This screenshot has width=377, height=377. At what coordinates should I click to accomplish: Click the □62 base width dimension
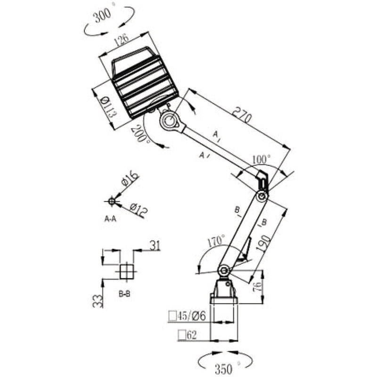[x=187, y=335]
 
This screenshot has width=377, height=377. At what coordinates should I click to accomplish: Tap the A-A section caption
[x=111, y=219]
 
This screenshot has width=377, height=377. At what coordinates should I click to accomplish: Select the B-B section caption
[x=124, y=293]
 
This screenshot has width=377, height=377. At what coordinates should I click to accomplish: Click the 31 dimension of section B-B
[x=156, y=244]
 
